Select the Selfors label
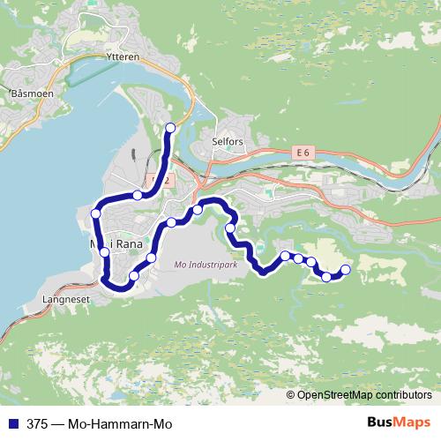coord(227,141)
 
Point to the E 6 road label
coord(304,153)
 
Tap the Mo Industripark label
coord(207,264)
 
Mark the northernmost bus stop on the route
coord(170,129)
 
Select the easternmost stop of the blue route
coord(345,269)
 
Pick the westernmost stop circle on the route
coord(96,213)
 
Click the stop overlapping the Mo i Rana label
coord(105,251)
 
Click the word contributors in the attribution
coord(404,394)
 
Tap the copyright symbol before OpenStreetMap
coord(292,394)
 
